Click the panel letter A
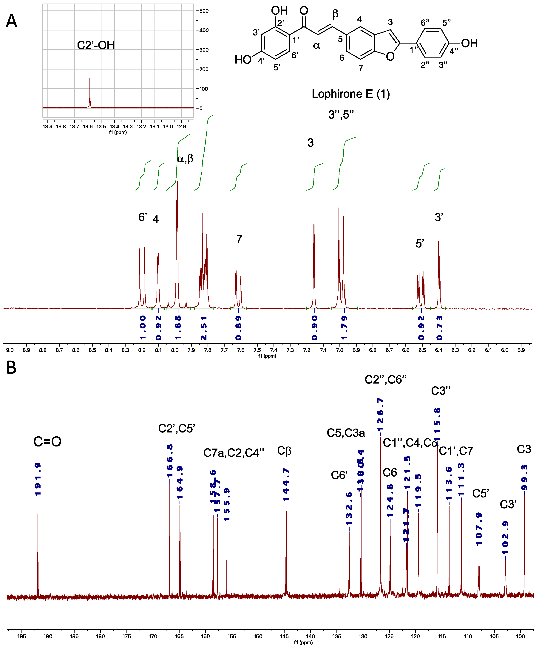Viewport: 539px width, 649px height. (11, 21)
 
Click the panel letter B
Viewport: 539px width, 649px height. (11, 368)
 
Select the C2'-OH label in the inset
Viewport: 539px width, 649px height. (96, 45)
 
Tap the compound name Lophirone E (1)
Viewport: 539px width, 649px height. (350, 94)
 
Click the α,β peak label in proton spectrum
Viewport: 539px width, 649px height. (185, 159)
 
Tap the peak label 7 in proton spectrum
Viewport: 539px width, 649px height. (239, 239)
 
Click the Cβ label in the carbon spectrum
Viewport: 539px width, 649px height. (284, 451)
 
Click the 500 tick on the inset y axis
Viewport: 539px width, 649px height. (204, 11)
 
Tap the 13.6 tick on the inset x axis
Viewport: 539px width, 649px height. (87, 126)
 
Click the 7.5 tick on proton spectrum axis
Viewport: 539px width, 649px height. (257, 350)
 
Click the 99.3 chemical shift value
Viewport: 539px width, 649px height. (524, 478)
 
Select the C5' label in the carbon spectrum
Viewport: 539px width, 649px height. (480, 494)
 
